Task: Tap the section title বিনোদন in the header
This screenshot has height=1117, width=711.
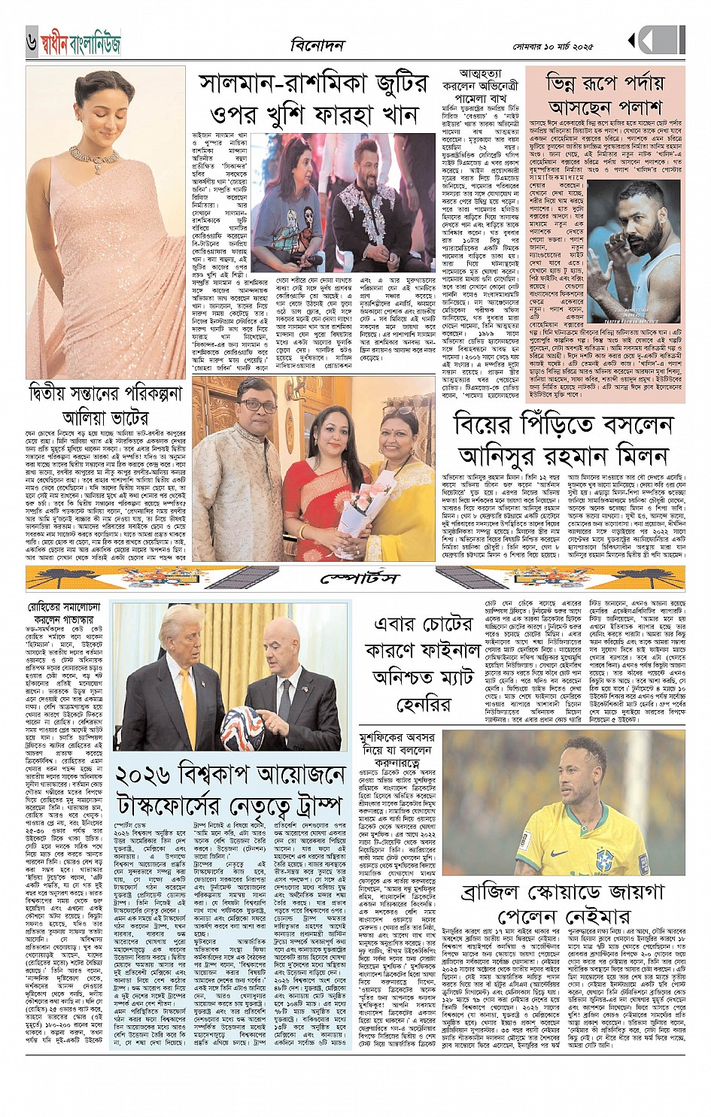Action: pos(317,45)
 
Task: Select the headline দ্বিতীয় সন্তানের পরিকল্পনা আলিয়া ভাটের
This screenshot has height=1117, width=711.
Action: pos(105,405)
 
